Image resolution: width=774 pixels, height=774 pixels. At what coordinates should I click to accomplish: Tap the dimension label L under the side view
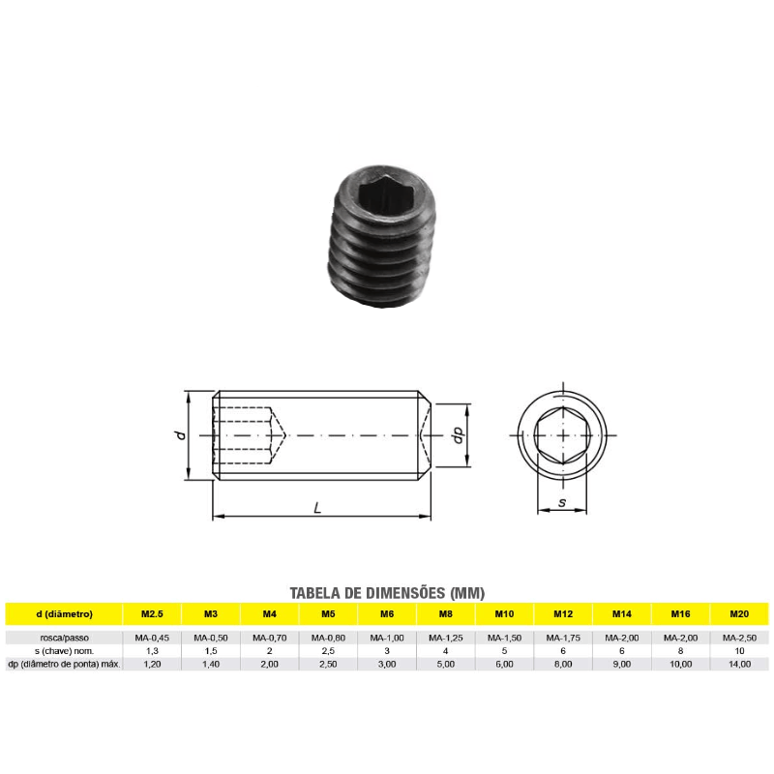[x=317, y=507]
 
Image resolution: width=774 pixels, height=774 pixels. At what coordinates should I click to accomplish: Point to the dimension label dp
[x=459, y=434]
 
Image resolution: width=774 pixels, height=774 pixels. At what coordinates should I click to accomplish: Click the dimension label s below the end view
[x=562, y=502]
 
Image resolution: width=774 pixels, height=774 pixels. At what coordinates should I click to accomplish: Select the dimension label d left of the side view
[x=181, y=434]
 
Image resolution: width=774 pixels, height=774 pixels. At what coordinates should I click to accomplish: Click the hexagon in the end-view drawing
[x=562, y=435]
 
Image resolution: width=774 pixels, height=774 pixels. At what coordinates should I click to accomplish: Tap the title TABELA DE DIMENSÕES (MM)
[x=387, y=593]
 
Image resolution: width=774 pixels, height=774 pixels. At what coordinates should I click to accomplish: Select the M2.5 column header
[x=152, y=614]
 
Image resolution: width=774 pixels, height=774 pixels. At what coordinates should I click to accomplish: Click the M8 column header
[x=446, y=614]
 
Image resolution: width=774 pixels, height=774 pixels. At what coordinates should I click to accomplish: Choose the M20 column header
[x=739, y=614]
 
